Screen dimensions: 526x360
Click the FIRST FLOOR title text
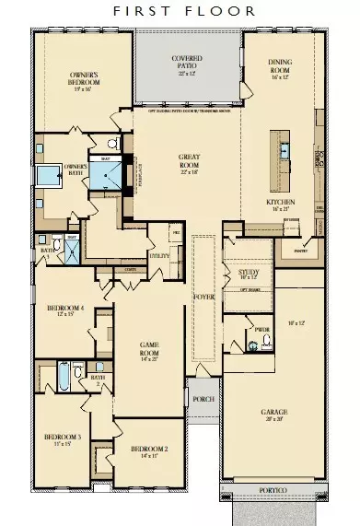tap(180, 12)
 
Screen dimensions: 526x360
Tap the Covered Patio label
tap(187, 64)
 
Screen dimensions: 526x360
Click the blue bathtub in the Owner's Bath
tap(44, 176)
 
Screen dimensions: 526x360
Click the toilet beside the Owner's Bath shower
tap(111, 145)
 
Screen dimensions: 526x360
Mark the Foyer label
tap(202, 297)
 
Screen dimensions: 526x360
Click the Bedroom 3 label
tap(62, 440)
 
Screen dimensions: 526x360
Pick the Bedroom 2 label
tap(145, 451)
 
